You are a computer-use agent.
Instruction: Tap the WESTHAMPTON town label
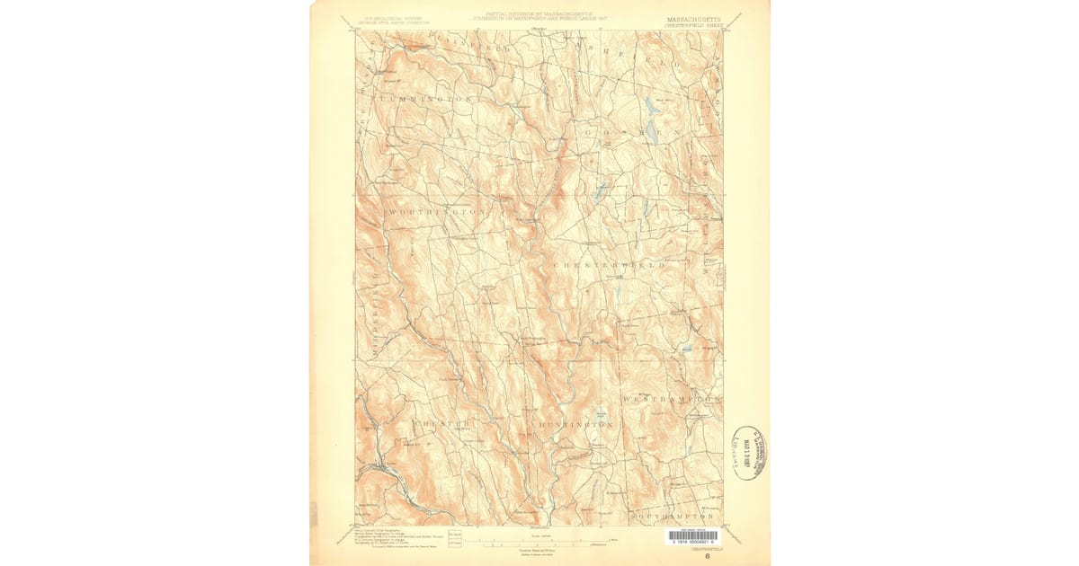[x=673, y=396]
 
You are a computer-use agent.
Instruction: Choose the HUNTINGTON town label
[x=576, y=423]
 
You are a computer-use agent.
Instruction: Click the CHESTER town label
[x=441, y=421]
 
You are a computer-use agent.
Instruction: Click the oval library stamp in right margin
[x=748, y=453]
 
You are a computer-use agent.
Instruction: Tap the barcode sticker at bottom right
[x=692, y=536]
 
